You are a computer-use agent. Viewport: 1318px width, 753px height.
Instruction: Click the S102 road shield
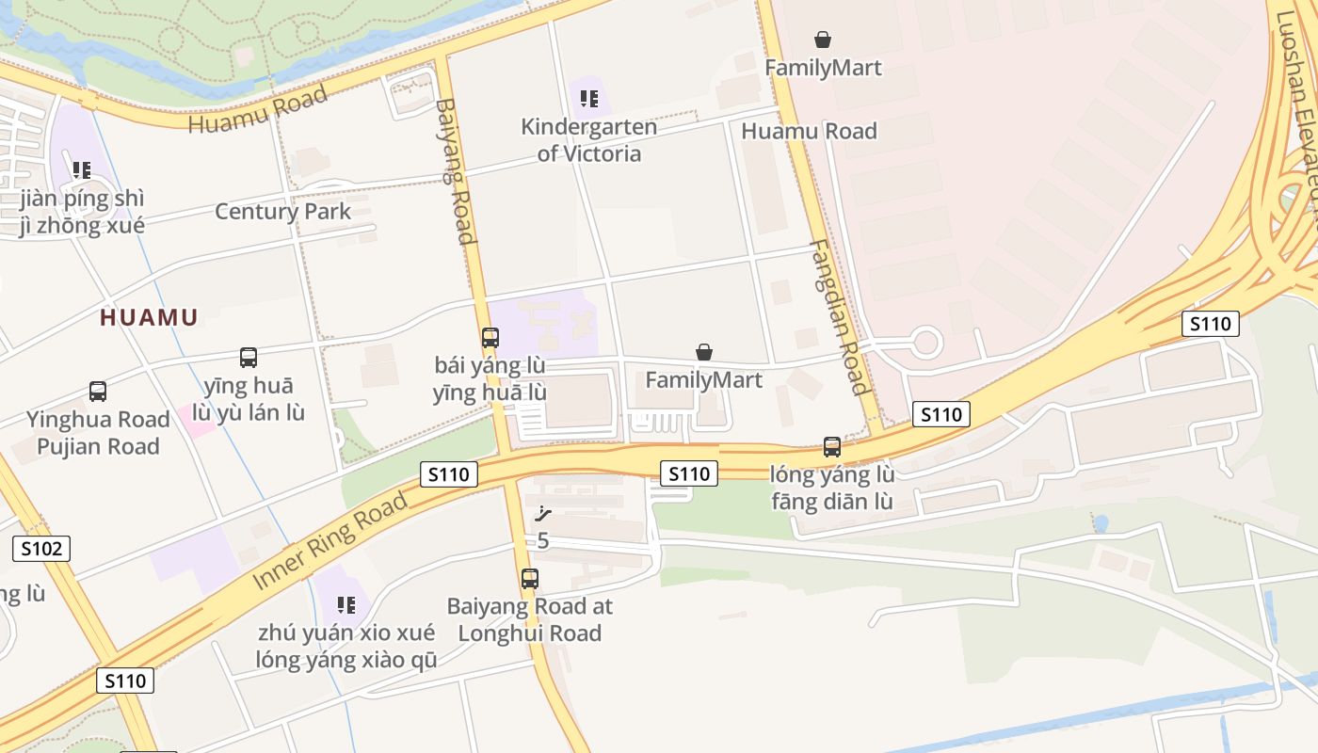tap(41, 548)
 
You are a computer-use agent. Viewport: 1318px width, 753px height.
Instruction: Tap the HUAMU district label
tap(149, 317)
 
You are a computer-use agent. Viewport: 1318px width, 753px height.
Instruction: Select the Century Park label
tap(282, 211)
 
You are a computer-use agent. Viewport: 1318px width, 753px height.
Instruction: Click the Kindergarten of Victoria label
tap(589, 140)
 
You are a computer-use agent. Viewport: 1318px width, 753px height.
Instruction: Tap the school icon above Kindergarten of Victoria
tap(589, 99)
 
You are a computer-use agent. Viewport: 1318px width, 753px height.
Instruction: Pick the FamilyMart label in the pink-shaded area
tap(823, 68)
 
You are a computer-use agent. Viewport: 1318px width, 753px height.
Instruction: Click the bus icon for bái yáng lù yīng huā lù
tap(490, 337)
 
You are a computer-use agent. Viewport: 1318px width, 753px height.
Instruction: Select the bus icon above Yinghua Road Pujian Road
tap(98, 392)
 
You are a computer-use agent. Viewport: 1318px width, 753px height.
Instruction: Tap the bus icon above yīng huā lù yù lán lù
tap(249, 358)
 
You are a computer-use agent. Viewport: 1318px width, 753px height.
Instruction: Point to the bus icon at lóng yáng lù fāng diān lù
tap(832, 447)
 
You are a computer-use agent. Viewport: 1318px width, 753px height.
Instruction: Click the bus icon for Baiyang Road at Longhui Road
tap(530, 579)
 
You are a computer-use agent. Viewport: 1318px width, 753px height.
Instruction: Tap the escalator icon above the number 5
tap(542, 514)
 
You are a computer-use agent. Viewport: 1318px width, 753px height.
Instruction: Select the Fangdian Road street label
tap(837, 317)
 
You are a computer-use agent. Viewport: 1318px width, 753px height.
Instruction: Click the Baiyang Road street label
tap(455, 170)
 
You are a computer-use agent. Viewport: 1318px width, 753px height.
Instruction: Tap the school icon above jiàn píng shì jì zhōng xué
tap(82, 170)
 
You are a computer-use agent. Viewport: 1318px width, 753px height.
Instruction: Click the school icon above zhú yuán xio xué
tap(346, 604)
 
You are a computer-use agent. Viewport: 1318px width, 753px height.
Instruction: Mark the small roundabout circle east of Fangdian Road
tap(926, 342)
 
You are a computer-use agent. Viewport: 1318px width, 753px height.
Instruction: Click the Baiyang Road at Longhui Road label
tap(530, 619)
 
